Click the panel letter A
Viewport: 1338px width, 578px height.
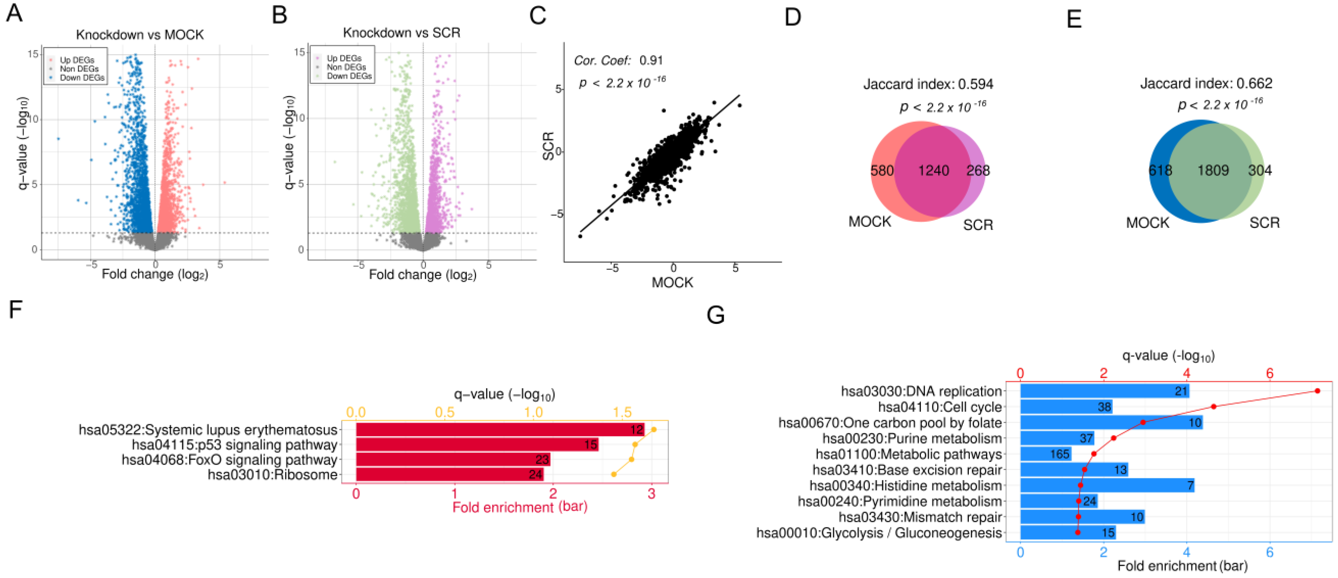pos(15,13)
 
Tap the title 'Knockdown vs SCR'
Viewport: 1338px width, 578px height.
pos(401,33)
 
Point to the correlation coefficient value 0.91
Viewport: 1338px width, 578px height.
pos(651,60)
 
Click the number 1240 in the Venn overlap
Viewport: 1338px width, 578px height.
pos(933,170)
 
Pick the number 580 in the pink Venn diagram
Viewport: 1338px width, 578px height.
pos(882,170)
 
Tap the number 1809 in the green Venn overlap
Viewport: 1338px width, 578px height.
pos(1213,170)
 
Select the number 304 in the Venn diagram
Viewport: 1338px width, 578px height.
pos(1259,170)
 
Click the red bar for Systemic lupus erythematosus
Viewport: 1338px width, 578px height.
pos(500,430)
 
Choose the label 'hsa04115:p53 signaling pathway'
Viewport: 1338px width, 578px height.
pos(235,445)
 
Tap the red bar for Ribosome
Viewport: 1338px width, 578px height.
pos(450,475)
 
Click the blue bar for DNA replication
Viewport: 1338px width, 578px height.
pos(1105,391)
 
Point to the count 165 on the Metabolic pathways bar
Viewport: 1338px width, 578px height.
pos(1060,454)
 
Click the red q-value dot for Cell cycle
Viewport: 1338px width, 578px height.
pos(1213,407)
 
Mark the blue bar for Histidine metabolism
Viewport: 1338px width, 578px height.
pos(1108,485)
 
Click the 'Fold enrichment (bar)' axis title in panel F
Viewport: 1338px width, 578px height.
pos(520,507)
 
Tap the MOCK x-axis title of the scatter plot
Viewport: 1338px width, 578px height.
pos(672,282)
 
